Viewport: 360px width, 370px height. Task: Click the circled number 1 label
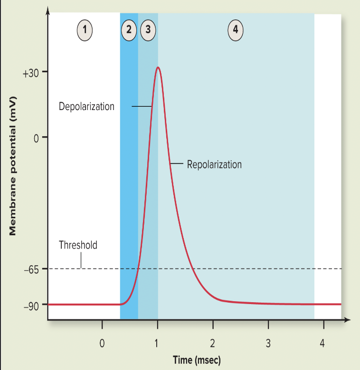pyautogui.click(x=85, y=29)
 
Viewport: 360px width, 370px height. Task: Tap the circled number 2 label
pyautogui.click(x=129, y=29)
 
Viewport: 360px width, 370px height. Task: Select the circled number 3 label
pyautogui.click(x=148, y=29)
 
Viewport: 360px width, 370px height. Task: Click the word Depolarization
pyautogui.click(x=86, y=106)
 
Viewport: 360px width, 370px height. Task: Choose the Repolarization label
pyautogui.click(x=214, y=165)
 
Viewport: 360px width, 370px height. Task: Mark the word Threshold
pyautogui.click(x=78, y=245)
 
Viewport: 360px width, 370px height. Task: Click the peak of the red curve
pyautogui.click(x=158, y=67)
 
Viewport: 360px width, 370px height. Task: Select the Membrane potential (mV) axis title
pyautogui.click(x=13, y=165)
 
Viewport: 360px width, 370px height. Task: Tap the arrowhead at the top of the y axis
pyautogui.click(x=47, y=10)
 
